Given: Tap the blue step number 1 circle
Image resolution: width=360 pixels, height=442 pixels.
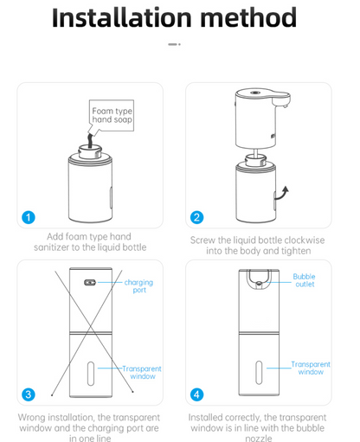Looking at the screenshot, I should click(29, 217).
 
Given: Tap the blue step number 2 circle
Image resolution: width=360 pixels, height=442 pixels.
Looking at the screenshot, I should click(197, 217).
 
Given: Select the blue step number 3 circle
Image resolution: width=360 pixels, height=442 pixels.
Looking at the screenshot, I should click(29, 394).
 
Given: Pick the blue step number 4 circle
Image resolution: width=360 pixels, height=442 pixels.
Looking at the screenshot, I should click(197, 394).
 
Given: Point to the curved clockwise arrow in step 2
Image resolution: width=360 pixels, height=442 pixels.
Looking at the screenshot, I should click(281, 192).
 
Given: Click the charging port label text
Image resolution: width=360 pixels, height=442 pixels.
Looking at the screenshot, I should click(140, 286).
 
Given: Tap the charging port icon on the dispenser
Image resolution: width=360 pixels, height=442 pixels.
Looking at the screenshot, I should click(89, 283).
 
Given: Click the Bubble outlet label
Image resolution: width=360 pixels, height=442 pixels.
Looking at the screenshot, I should click(305, 280).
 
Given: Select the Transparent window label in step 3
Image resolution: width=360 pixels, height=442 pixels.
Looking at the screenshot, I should click(141, 372).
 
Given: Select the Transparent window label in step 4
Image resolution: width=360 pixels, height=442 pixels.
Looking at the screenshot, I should click(310, 368).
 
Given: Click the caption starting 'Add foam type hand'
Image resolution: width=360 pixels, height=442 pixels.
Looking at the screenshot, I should click(90, 242).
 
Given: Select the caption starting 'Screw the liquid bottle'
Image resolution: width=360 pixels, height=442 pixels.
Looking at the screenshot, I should click(259, 246).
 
